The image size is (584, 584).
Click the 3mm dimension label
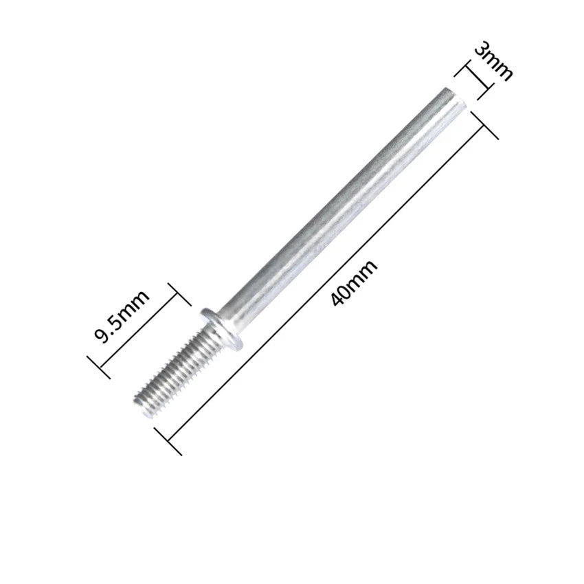[x=493, y=60]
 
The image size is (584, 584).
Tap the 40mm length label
[x=353, y=282]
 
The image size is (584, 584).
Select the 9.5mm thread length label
[x=121, y=316]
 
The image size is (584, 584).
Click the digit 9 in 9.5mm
[x=101, y=335]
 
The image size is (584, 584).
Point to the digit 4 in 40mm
[x=338, y=298]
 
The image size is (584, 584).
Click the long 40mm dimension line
[x=326, y=283]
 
